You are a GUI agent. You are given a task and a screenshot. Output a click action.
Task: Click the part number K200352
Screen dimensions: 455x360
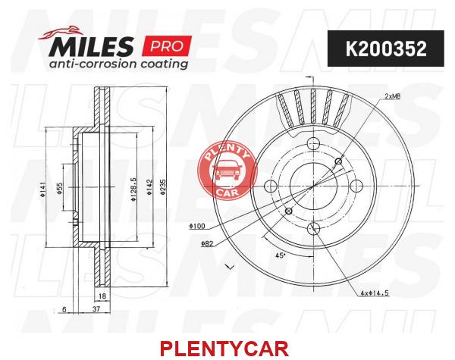coord(386,49)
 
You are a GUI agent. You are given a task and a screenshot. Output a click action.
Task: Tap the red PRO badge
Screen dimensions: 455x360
coord(167,45)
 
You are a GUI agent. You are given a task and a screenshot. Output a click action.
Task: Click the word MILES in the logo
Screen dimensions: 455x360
coord(92,46)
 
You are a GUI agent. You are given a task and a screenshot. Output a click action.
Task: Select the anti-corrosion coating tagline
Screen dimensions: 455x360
coord(118,64)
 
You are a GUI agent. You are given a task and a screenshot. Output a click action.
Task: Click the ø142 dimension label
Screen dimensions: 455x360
coord(149,187)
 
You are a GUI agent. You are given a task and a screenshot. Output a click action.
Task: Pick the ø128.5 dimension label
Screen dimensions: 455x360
coord(133,189)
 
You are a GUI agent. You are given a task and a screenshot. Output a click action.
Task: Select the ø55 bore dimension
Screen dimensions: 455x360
coord(59,189)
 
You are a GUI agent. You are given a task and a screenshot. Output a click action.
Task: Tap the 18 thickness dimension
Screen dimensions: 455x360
coord(102,296)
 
